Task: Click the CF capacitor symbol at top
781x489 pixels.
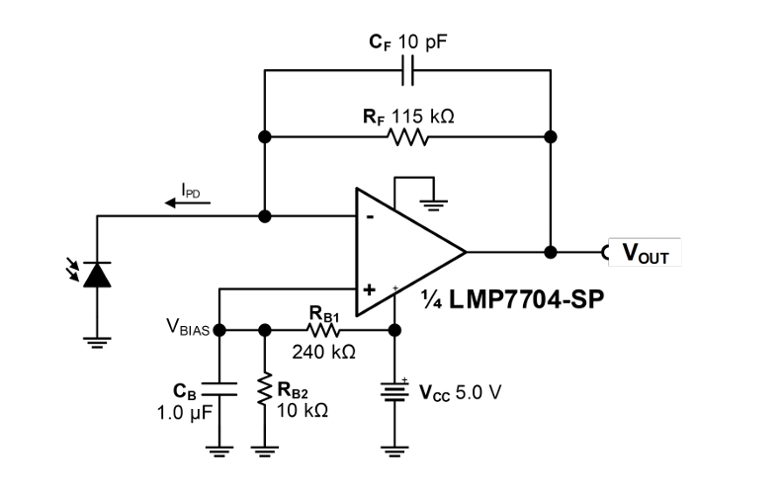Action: pyautogui.click(x=407, y=70)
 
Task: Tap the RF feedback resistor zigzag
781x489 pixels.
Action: pyautogui.click(x=407, y=137)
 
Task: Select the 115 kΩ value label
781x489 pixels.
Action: pyautogui.click(x=422, y=117)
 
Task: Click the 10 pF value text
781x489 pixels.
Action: pyautogui.click(x=422, y=41)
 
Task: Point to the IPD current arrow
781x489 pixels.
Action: pyautogui.click(x=188, y=203)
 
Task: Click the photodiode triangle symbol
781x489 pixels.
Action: pyautogui.click(x=97, y=275)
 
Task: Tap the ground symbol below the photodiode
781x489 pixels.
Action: pyautogui.click(x=97, y=343)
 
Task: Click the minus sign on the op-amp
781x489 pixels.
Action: pyautogui.click(x=370, y=217)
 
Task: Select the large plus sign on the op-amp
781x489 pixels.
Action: pyautogui.click(x=369, y=289)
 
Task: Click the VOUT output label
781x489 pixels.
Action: pyautogui.click(x=645, y=253)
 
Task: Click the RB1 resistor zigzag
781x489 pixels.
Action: pyautogui.click(x=323, y=330)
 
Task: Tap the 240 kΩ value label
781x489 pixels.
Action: pyautogui.click(x=323, y=352)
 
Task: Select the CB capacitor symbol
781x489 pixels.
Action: pyautogui.click(x=219, y=389)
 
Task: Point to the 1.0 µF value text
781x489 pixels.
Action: pyautogui.click(x=184, y=413)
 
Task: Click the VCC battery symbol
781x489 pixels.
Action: pyautogui.click(x=394, y=391)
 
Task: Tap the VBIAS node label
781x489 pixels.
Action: pyautogui.click(x=188, y=327)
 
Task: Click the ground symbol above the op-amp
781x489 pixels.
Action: pyautogui.click(x=434, y=204)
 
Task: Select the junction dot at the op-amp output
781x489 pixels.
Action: pyautogui.click(x=551, y=253)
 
